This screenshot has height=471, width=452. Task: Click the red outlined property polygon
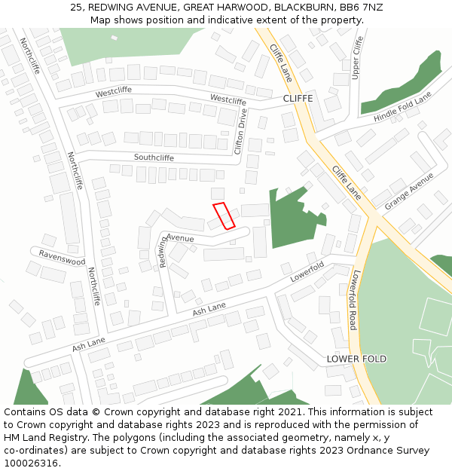click(x=224, y=216)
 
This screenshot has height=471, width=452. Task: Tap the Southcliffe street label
click(x=154, y=158)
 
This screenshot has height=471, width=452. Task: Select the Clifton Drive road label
click(x=240, y=131)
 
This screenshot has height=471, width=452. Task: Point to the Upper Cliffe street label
click(x=357, y=57)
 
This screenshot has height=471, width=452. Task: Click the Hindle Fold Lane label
click(x=402, y=108)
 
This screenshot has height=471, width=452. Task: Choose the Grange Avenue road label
click(x=409, y=191)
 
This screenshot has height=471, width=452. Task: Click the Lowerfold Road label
click(x=355, y=300)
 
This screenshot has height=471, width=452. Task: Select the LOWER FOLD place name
click(x=356, y=359)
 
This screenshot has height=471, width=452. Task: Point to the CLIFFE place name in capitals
click(x=298, y=99)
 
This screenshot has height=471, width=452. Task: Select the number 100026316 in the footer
click(x=31, y=463)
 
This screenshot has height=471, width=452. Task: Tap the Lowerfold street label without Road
click(x=307, y=271)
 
